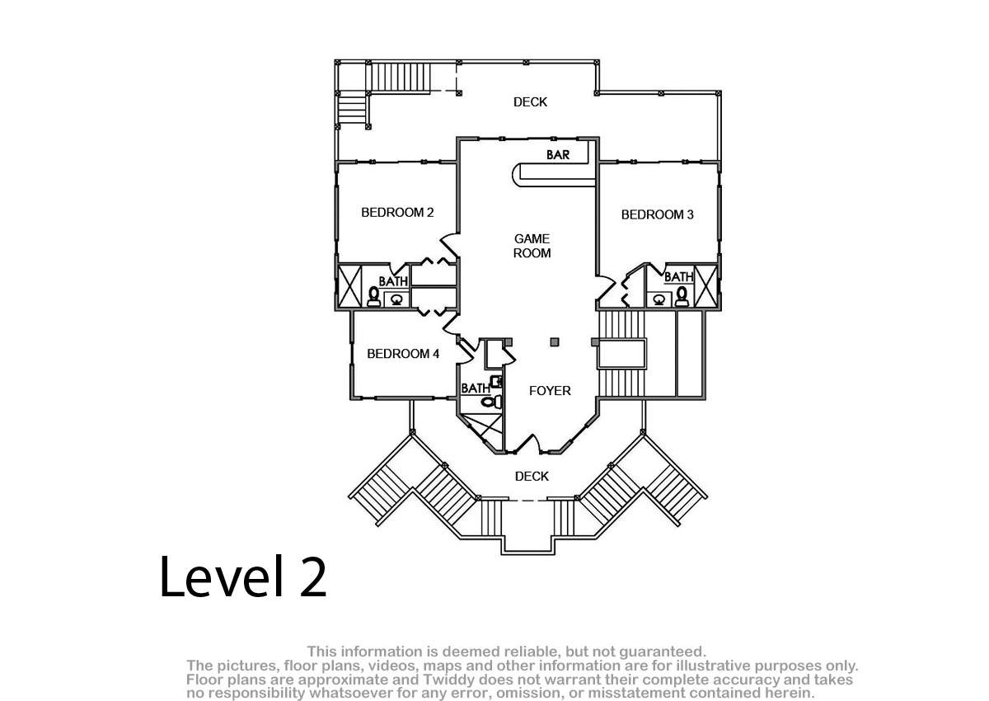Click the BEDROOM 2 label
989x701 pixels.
click(x=397, y=213)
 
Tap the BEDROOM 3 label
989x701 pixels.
click(x=658, y=214)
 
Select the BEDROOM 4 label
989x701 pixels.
click(x=403, y=353)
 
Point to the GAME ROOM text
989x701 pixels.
click(x=532, y=246)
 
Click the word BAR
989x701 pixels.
click(x=558, y=154)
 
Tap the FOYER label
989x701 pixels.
click(x=551, y=390)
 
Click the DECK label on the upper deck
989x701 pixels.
click(x=530, y=102)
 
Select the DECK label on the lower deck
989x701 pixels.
click(x=532, y=476)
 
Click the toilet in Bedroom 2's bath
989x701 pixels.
click(x=374, y=297)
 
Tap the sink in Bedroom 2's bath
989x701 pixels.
click(x=396, y=299)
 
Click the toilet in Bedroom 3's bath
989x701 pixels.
click(x=682, y=296)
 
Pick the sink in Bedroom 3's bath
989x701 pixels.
click(x=659, y=300)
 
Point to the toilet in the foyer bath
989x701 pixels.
click(x=491, y=402)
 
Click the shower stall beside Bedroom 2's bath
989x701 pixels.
click(x=349, y=286)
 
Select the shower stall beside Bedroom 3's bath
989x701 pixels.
click(x=706, y=286)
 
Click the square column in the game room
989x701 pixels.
click(x=555, y=342)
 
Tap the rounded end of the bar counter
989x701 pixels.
click(x=517, y=175)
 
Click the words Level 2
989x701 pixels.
click(x=243, y=576)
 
